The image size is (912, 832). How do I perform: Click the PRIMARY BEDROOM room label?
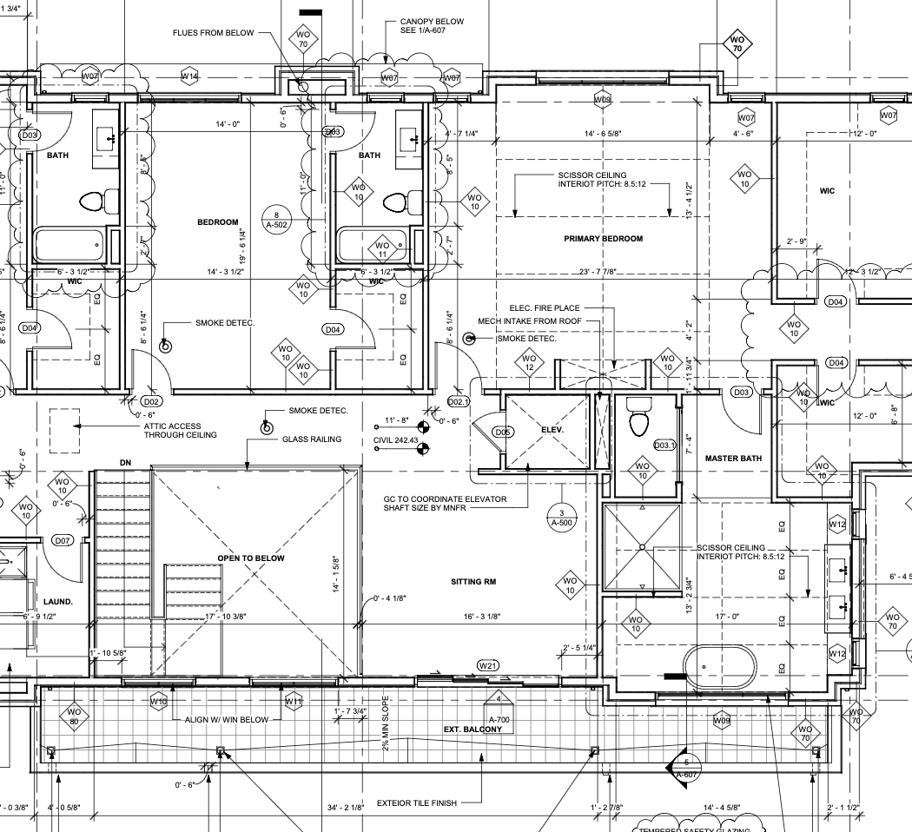click(x=603, y=239)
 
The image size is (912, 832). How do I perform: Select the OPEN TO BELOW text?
click(x=251, y=558)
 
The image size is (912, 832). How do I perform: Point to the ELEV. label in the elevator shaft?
click(x=552, y=430)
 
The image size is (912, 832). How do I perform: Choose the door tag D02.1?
click(x=458, y=402)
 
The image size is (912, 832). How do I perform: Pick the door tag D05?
click(x=502, y=432)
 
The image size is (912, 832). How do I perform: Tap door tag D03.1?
click(x=664, y=446)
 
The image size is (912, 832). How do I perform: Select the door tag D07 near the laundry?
click(x=62, y=540)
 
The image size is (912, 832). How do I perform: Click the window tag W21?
click(x=488, y=666)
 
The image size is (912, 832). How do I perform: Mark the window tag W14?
click(x=189, y=77)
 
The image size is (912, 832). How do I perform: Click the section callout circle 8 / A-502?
click(x=276, y=219)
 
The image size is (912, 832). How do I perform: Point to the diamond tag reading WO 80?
click(x=74, y=717)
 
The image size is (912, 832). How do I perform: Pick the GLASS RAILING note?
click(x=312, y=439)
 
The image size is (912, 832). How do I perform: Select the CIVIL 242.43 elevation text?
click(x=395, y=441)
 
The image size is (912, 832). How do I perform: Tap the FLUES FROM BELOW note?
click(x=213, y=33)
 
